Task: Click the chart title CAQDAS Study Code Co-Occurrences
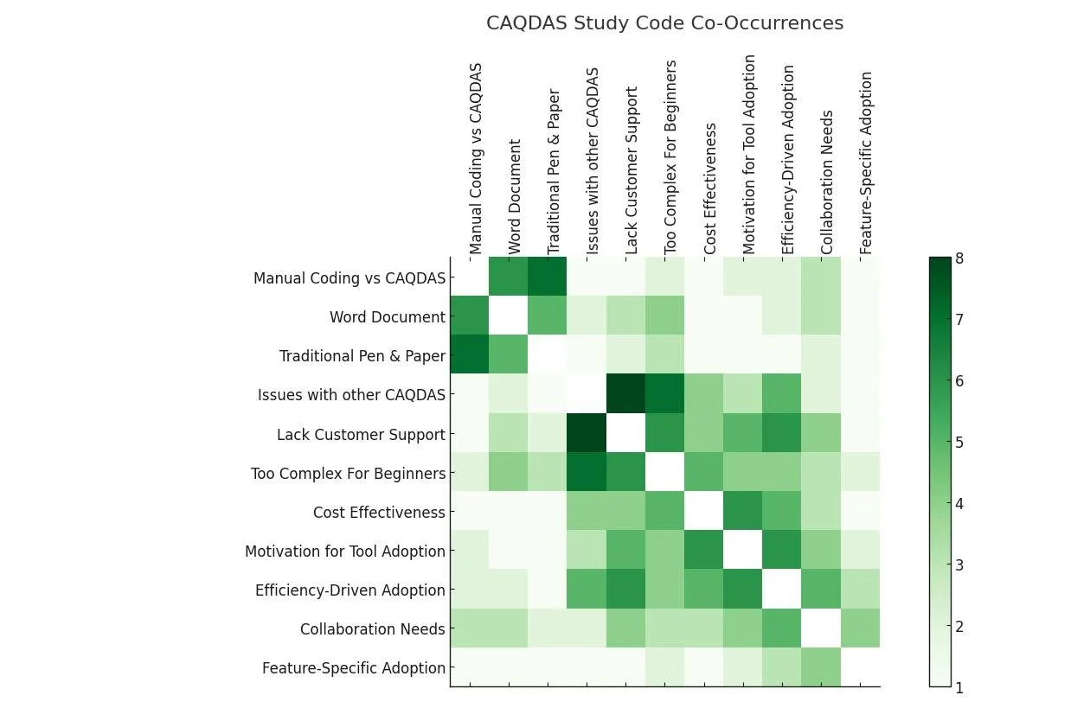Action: point(664,23)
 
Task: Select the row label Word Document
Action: point(387,317)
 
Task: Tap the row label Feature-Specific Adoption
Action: point(354,668)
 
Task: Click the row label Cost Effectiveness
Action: point(379,513)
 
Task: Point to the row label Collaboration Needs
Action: point(372,629)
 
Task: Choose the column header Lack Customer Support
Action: point(632,170)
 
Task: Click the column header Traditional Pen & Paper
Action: point(555,171)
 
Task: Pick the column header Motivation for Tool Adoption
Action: point(749,155)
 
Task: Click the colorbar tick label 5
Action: point(959,443)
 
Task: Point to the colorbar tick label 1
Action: point(959,688)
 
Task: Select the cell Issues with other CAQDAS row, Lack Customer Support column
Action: point(625,394)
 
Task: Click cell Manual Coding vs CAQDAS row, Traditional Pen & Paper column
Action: point(548,277)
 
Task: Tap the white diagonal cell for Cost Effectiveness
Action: point(704,512)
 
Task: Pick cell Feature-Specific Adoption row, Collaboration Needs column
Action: point(821,667)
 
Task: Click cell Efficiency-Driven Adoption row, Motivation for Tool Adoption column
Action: point(743,590)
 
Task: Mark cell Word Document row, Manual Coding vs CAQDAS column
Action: point(470,316)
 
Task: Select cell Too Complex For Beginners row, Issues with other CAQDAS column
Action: point(587,473)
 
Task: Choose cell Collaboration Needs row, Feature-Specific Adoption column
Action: point(860,628)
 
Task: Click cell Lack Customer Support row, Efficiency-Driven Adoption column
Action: point(782,434)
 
